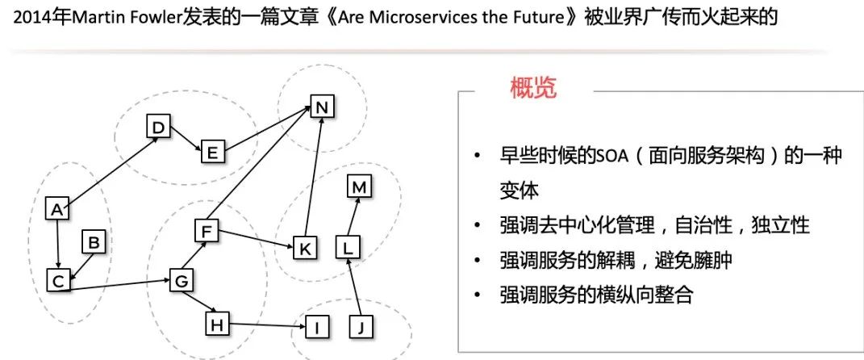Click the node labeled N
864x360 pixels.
[322, 107]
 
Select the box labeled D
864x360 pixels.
[158, 127]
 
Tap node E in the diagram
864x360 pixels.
[212, 151]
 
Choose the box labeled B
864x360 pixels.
[94, 241]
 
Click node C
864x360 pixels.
[57, 281]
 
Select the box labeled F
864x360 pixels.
[207, 232]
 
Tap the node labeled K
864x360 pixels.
[304, 248]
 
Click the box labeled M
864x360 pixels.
[359, 187]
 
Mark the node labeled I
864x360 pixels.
[318, 327]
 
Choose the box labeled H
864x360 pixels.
[216, 324]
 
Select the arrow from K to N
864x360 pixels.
[314, 178]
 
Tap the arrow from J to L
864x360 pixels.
[354, 292]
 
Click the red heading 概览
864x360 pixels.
[533, 88]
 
